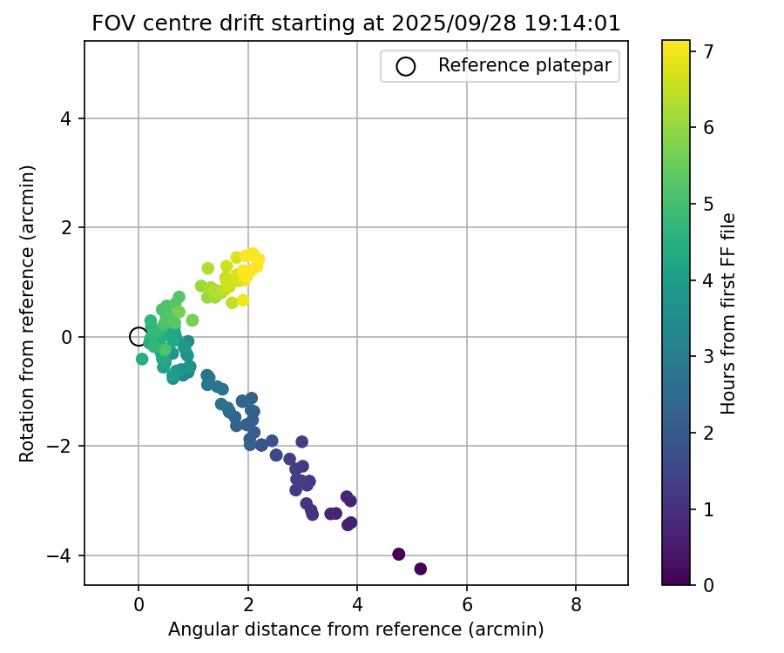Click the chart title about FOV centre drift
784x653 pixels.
(x=356, y=24)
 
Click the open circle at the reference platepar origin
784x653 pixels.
(x=138, y=336)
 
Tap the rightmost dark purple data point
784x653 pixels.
(x=421, y=569)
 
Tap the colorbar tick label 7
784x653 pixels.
(x=709, y=51)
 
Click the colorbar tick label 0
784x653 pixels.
(x=709, y=585)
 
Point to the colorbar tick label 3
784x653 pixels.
(x=709, y=356)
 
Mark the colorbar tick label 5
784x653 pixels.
(x=709, y=204)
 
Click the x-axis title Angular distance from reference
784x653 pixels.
(x=356, y=629)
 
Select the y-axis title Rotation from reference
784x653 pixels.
(x=27, y=313)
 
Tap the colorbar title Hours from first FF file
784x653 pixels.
(x=730, y=313)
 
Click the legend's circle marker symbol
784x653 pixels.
(x=405, y=65)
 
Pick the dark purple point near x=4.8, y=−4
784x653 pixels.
(x=399, y=554)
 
